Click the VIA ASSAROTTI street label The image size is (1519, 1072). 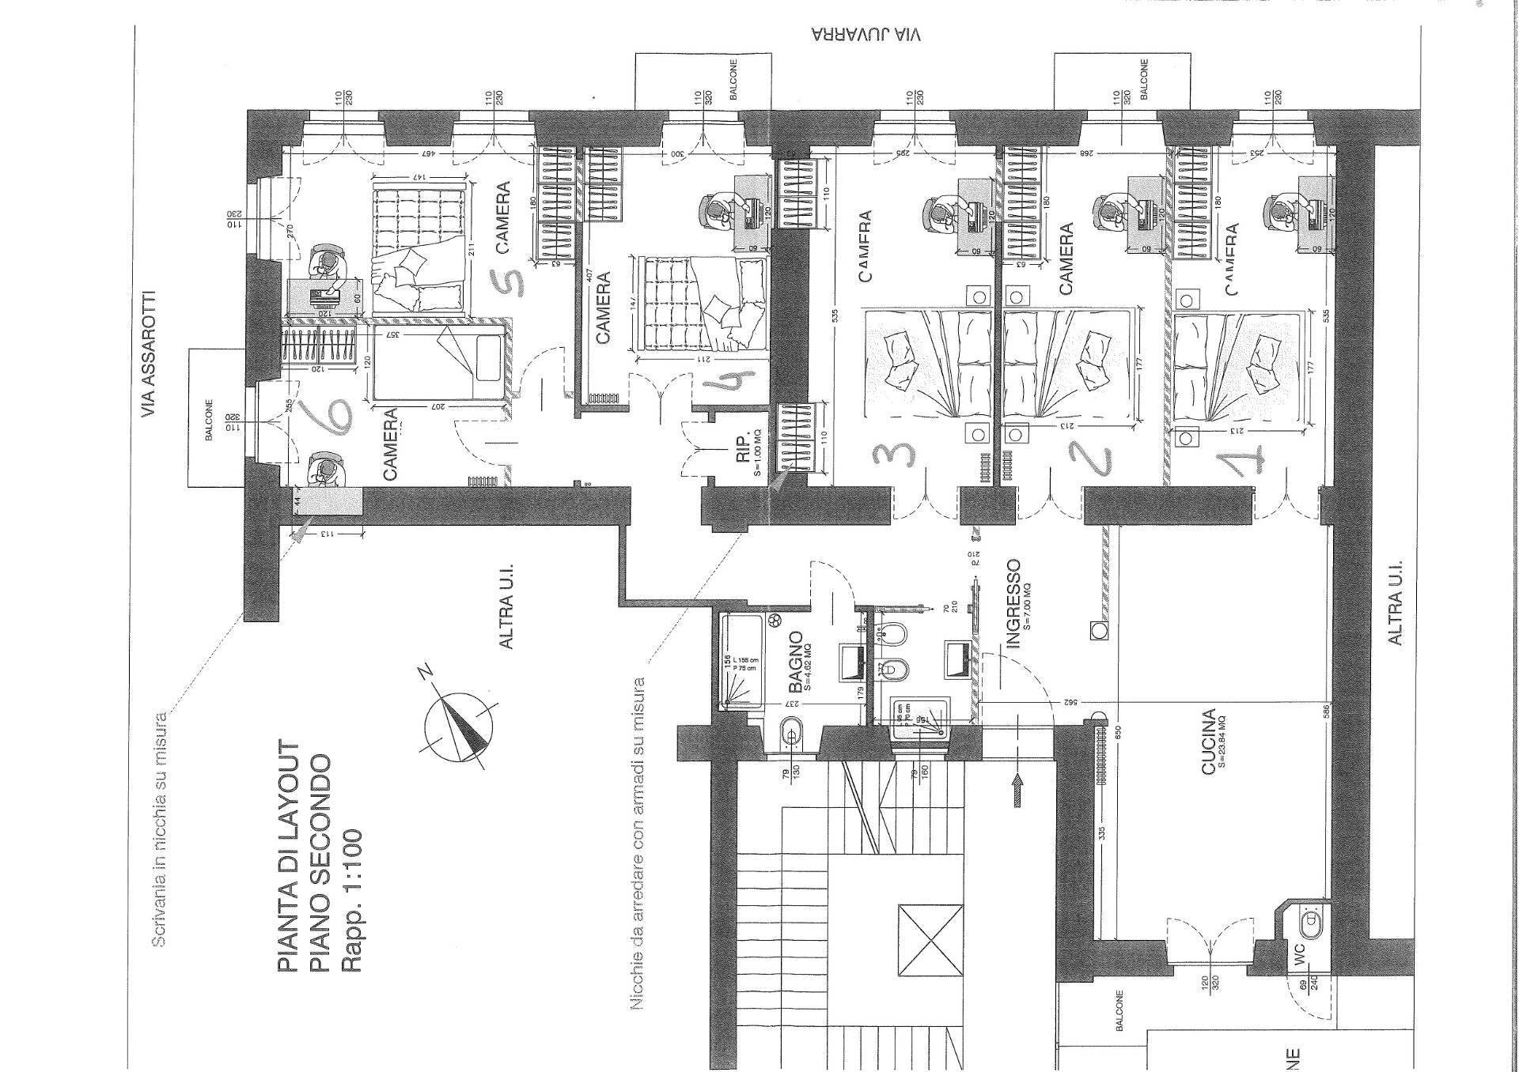pos(148,355)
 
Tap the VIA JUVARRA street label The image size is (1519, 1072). pos(866,36)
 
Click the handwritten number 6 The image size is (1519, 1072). pos(333,417)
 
